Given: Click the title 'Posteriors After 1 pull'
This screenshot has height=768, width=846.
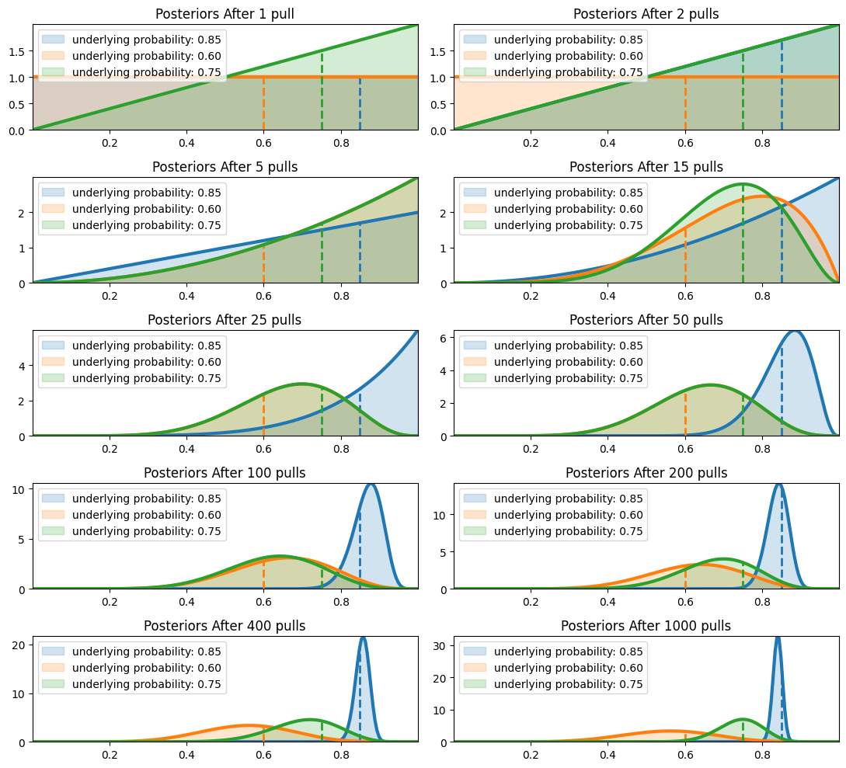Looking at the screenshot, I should pyautogui.click(x=225, y=14).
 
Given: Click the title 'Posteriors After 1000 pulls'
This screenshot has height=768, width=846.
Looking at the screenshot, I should pyautogui.click(x=646, y=626).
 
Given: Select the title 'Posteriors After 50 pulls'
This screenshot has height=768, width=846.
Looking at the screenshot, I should pyautogui.click(x=646, y=320).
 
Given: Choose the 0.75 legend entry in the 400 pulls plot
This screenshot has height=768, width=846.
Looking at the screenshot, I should pyautogui.click(x=146, y=684).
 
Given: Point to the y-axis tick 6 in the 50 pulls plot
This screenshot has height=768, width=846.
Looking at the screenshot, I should pyautogui.click(x=443, y=338).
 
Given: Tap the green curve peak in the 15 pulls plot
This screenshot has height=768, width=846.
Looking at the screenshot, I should pyautogui.click(x=743, y=184).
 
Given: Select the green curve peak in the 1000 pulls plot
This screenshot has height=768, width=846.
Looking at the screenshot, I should pyautogui.click(x=743, y=719).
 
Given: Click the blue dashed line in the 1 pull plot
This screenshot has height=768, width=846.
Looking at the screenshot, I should pyautogui.click(x=360, y=103).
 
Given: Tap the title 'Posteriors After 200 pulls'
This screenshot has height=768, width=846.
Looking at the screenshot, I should pyautogui.click(x=646, y=473).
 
